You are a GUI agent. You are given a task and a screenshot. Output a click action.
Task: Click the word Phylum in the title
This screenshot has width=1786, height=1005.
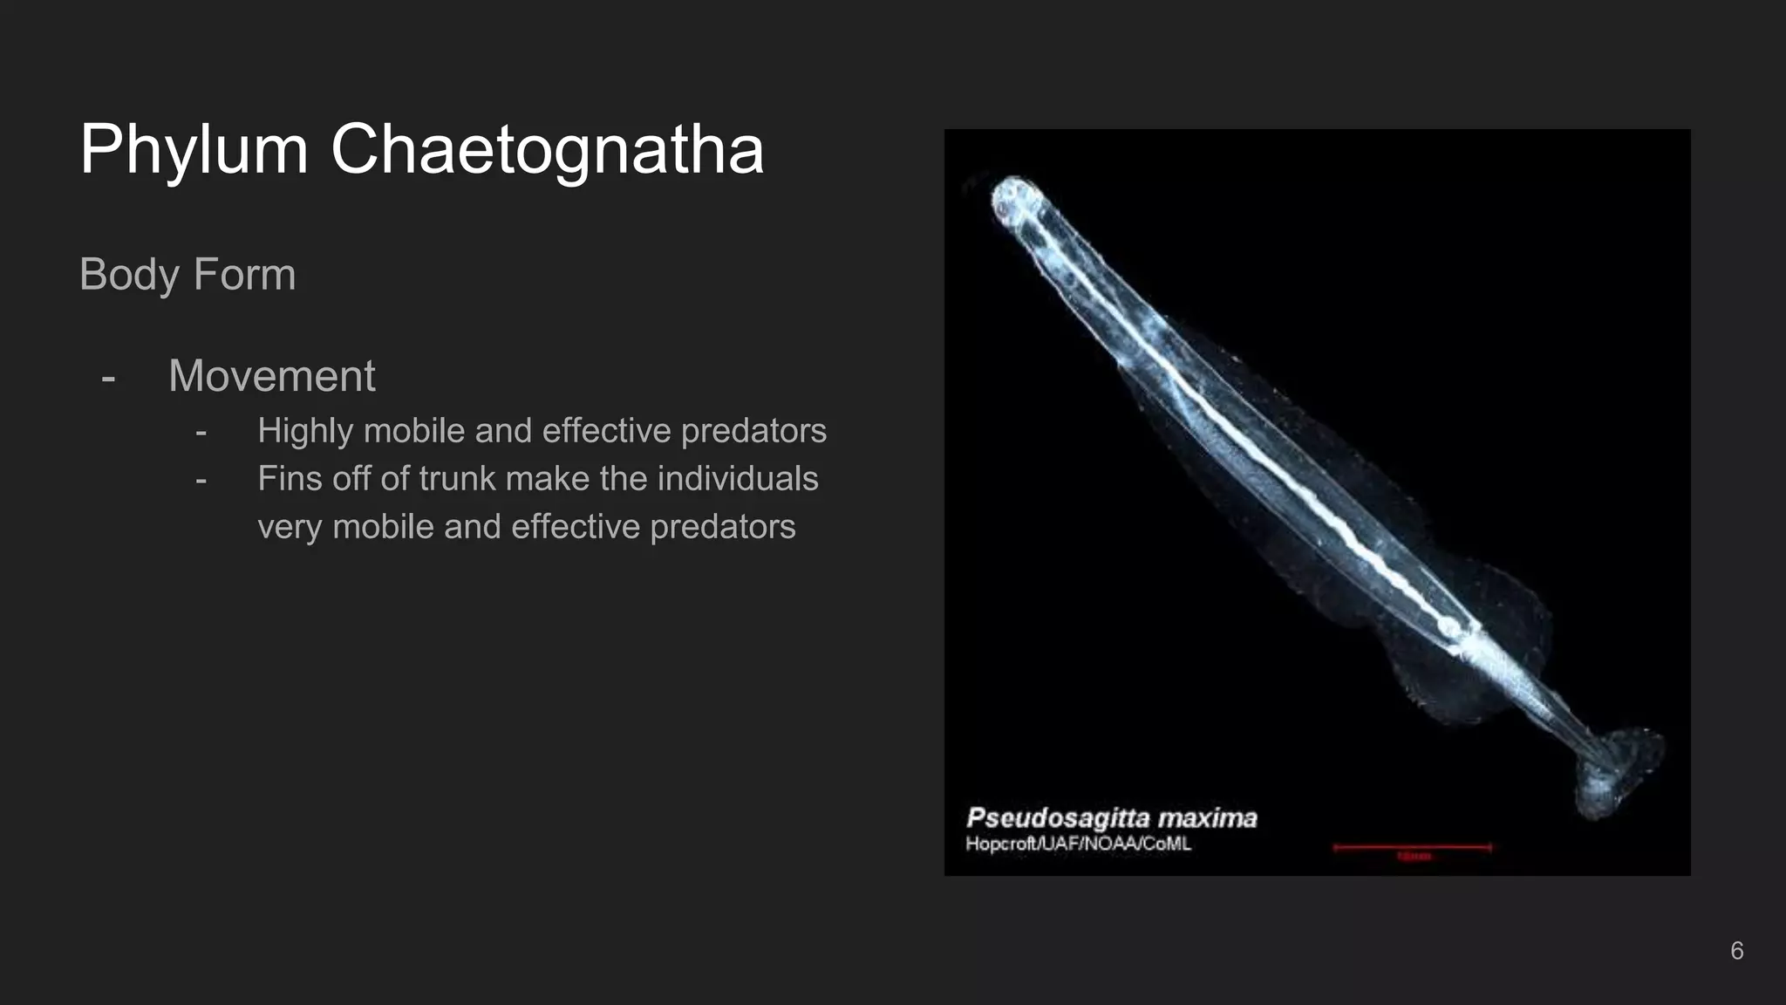click(x=194, y=150)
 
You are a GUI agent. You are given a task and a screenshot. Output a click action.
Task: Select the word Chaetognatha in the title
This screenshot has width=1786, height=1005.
click(x=547, y=150)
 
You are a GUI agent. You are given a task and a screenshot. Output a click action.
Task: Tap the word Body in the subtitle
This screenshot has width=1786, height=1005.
click(x=129, y=275)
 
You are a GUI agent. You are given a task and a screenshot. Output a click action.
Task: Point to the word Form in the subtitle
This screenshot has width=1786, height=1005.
click(x=244, y=275)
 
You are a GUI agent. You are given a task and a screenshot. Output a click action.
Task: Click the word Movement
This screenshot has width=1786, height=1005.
click(x=271, y=376)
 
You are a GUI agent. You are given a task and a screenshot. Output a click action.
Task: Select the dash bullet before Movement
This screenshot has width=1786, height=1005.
click(x=108, y=379)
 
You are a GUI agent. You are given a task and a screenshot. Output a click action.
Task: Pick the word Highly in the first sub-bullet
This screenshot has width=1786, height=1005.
click(x=304, y=431)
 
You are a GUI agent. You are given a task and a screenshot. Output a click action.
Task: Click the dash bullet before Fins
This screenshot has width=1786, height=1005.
click(x=201, y=481)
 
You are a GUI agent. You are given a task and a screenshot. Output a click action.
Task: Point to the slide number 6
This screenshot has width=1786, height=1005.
click(x=1736, y=951)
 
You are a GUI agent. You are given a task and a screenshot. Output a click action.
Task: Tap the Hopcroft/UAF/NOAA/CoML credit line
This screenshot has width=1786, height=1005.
click(x=1078, y=844)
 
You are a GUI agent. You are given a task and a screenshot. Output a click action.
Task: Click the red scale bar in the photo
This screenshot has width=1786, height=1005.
click(x=1412, y=847)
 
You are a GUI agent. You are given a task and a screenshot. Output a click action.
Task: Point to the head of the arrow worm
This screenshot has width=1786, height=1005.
click(x=1015, y=199)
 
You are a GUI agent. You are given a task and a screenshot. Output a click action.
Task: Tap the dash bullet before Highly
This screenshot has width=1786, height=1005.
click(x=201, y=433)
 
